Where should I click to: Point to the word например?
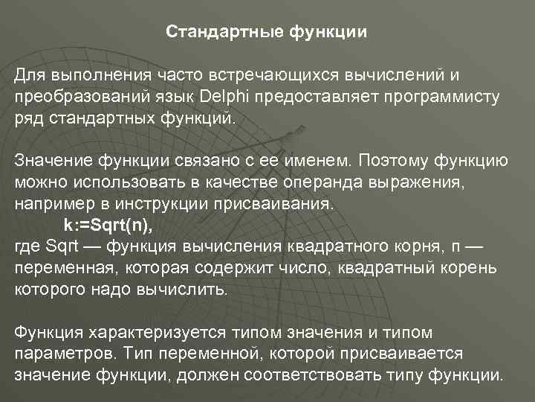pos(48,203)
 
